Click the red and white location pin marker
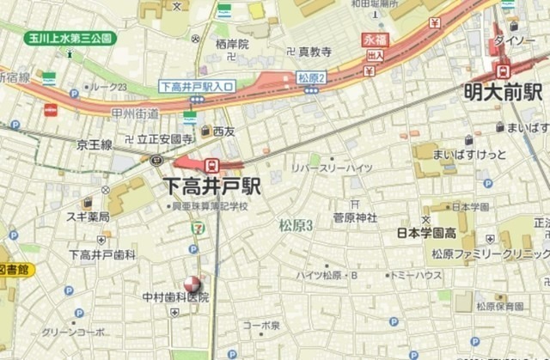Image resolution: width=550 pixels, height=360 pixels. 191,284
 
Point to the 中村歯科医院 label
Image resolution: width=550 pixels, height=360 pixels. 175,297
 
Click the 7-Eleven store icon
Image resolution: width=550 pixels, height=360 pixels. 198,227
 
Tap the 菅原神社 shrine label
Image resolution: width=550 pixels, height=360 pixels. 355,217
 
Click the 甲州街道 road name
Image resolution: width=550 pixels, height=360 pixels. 136,114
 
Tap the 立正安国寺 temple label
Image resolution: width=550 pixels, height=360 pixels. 164,137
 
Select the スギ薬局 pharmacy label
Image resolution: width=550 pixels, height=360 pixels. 88,217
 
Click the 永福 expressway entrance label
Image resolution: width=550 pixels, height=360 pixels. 376,40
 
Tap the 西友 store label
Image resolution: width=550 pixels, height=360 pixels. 223,131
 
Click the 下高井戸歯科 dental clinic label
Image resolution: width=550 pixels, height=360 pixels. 102,255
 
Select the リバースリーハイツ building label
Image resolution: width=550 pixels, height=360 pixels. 332,168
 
